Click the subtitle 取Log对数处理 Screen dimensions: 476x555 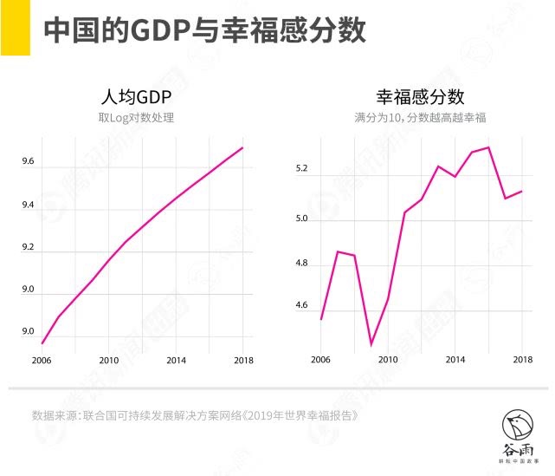[x=136, y=117]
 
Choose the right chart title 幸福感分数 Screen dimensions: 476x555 [x=420, y=96]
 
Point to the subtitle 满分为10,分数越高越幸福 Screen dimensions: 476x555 [x=420, y=117]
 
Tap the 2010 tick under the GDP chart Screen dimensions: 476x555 [x=108, y=360]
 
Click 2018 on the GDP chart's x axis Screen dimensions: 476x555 [x=243, y=360]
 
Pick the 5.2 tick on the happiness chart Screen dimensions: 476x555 [x=301, y=169]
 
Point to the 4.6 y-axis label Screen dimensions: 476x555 [x=301, y=305]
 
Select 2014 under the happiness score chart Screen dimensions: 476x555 [x=455, y=360]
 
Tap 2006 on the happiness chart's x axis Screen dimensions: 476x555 [x=320, y=360]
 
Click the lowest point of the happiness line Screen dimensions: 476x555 [x=371, y=344]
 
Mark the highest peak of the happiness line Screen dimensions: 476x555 [x=489, y=147]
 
